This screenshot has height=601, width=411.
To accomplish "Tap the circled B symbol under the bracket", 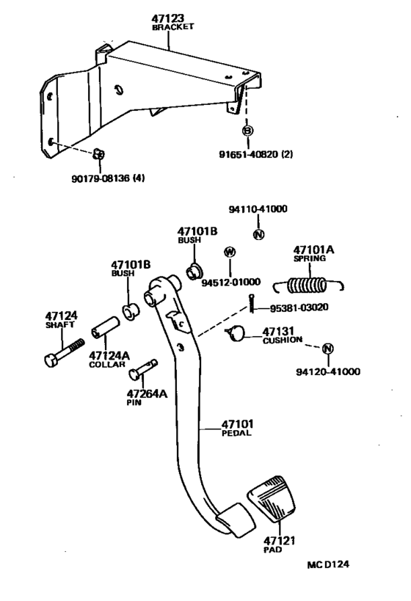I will point(247,131).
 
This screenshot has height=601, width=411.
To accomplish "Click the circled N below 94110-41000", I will point(258,236).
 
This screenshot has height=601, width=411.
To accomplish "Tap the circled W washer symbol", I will point(230,252).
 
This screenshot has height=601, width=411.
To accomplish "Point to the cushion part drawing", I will point(235,334).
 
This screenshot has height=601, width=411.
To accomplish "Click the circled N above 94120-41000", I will point(328,348).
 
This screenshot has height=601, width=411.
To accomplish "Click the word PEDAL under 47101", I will point(236,433).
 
